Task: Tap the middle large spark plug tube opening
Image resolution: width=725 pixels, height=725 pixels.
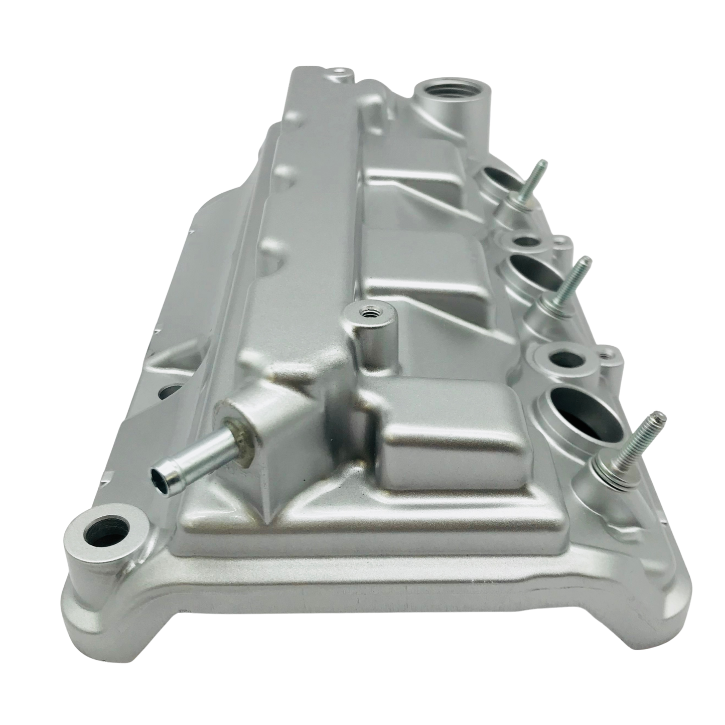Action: tap(535, 268)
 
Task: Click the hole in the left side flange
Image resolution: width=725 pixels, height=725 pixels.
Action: tap(169, 391)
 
